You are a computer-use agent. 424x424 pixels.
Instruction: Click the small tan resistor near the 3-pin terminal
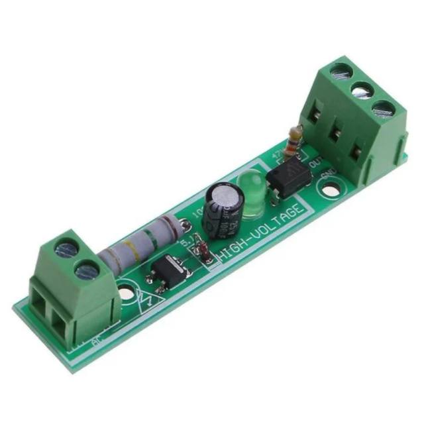click(x=292, y=142)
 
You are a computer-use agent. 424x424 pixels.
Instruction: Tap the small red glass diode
click(x=206, y=253)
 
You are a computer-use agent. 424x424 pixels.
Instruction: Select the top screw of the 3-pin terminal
click(x=341, y=69)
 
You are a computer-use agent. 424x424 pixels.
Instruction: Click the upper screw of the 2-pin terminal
click(x=66, y=250)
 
